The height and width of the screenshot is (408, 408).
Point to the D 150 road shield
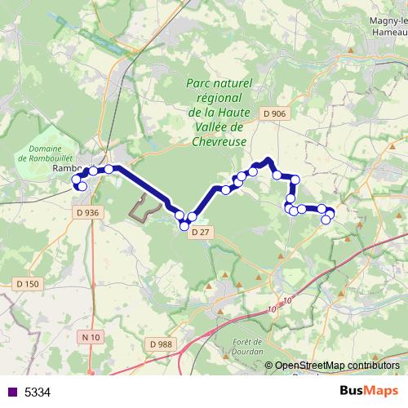(27, 283)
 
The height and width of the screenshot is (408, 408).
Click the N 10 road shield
(91, 337)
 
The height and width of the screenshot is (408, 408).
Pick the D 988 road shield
(161, 344)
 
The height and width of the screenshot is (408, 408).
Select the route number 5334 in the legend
(38, 392)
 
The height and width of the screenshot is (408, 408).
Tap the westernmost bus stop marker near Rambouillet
(78, 179)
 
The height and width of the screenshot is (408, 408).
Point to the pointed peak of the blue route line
(268, 160)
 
